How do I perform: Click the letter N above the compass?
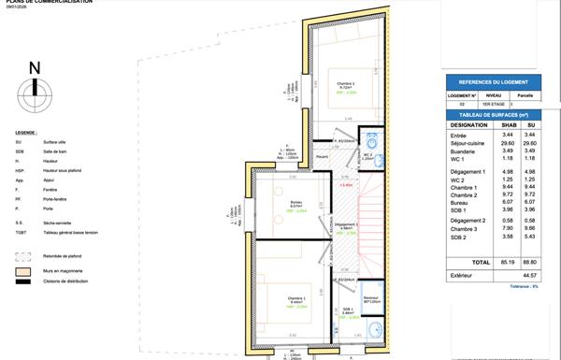pos(35,67)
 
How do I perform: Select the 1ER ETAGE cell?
pos(494,103)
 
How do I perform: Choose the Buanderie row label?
pos(463,151)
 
